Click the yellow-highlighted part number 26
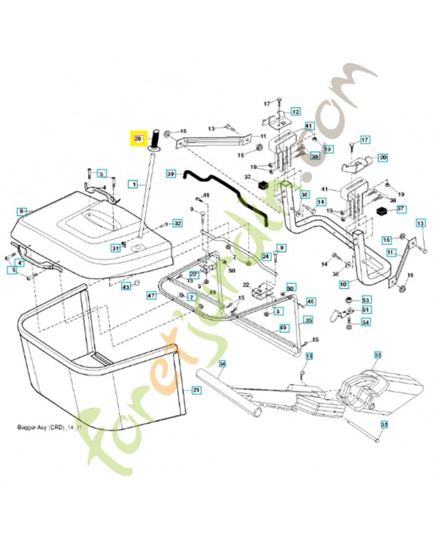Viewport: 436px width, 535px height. pos(138,138)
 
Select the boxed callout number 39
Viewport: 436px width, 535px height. pos(171,174)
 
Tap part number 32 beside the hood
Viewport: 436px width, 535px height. pos(177,223)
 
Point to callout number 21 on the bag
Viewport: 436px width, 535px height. pos(196,390)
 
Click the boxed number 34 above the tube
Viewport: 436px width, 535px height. pos(222,364)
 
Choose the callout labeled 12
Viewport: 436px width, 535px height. pos(295,112)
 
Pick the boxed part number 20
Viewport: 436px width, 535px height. pos(383,158)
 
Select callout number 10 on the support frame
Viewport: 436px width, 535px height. pos(344,284)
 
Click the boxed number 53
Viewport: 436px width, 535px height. pos(366,300)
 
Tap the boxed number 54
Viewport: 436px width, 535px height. pos(366,322)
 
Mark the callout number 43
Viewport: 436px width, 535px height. pos(125,286)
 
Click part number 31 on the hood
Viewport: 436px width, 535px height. pos(115,248)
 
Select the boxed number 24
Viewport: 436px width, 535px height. pos(265,257)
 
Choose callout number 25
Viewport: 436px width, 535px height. pos(308,320)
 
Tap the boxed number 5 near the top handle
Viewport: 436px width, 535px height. pos(102,174)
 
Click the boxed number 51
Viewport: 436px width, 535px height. pos(366,310)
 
